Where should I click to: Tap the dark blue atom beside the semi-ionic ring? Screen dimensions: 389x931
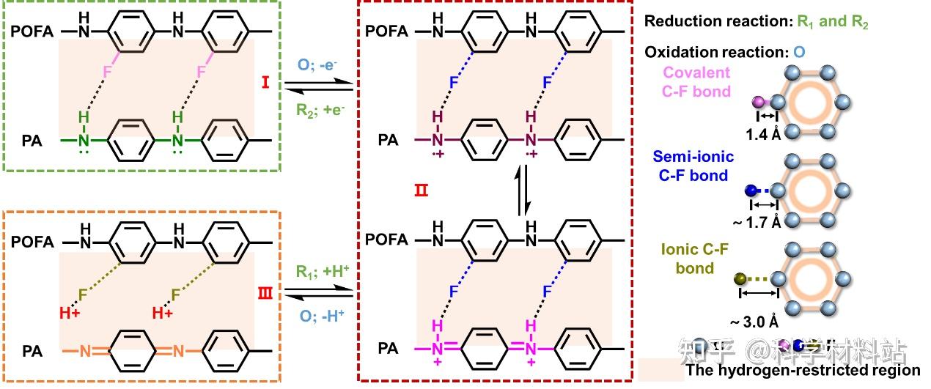(751, 191)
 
